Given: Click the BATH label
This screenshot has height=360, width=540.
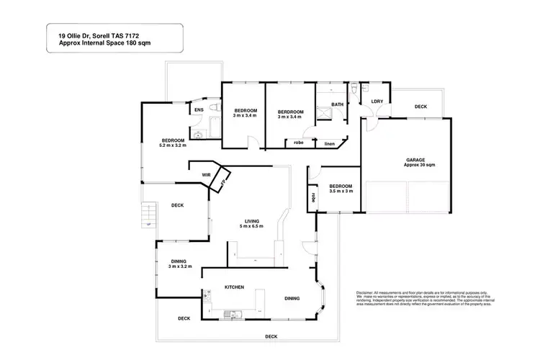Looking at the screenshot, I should [337, 105].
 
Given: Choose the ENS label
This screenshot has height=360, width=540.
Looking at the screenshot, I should [198, 109].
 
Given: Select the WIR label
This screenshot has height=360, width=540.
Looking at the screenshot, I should [205, 174].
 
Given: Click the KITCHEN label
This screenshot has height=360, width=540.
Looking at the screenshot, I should [235, 287].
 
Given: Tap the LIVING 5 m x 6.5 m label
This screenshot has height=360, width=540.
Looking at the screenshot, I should [252, 223].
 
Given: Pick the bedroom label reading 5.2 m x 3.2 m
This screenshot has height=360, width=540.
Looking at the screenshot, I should [173, 143].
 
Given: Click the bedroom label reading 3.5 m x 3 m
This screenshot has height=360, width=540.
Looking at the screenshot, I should [341, 189].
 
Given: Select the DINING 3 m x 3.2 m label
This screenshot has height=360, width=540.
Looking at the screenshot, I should [179, 264].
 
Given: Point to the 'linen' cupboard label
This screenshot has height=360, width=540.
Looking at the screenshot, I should [330, 143].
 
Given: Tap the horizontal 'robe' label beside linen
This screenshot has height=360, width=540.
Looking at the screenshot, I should [298, 143].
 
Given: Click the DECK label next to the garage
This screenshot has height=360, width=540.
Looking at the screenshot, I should [420, 107].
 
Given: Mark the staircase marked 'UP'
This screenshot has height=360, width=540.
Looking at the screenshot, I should [148, 214].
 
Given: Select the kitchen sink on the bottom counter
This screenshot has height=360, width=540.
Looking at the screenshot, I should [232, 312].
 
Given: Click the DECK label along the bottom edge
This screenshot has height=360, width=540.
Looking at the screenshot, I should [271, 336].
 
